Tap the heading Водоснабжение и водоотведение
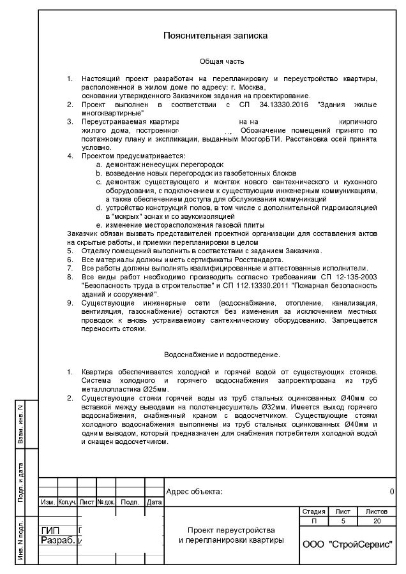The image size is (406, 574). tap(222, 354)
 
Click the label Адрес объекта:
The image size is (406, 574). tap(194, 492)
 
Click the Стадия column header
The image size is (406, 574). tap(313, 512)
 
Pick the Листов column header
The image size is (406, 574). tap(376, 512)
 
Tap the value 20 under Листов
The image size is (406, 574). tap(376, 521)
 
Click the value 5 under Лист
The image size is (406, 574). tap(343, 521)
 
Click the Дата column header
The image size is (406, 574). tap(154, 502)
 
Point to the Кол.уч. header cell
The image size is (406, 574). tap(67, 502)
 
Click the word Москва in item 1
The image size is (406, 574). tap(251, 86)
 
